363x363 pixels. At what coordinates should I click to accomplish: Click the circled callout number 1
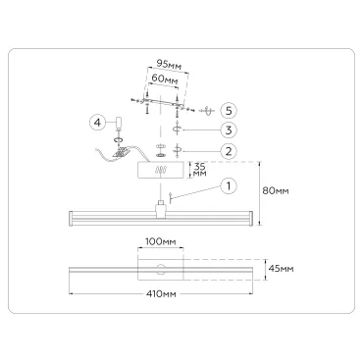coord(229,186)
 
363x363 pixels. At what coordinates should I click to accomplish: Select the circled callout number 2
coord(229,151)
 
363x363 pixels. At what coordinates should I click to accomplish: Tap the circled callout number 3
coord(229,130)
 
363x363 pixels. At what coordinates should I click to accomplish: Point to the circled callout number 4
coord(97,123)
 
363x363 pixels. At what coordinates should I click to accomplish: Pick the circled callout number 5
coord(229,111)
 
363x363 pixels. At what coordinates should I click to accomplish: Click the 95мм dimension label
coord(169,64)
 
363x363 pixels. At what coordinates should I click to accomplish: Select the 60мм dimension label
coord(165,79)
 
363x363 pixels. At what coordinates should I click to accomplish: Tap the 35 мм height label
coord(199,170)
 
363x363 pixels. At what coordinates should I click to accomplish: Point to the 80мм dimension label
coord(276,190)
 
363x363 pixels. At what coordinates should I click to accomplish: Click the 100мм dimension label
coord(160,241)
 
